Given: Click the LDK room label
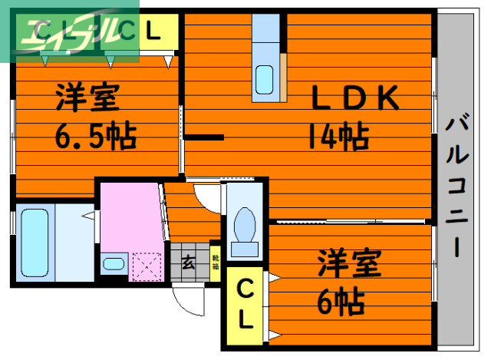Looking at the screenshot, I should (x=354, y=97).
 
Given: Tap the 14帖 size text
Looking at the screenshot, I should (x=338, y=137).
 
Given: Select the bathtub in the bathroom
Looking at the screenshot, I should (x=35, y=241).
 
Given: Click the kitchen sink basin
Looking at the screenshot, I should (x=264, y=80).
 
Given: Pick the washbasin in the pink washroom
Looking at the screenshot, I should (x=113, y=265).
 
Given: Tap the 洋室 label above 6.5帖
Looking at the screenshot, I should (x=87, y=100).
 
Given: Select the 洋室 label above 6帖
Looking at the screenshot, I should (x=350, y=265).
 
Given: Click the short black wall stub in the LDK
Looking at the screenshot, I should (x=203, y=137).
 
